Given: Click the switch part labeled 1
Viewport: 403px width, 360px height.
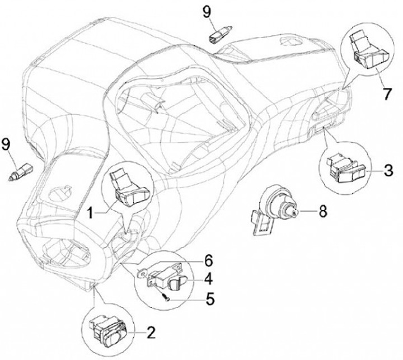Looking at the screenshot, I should click(130, 188).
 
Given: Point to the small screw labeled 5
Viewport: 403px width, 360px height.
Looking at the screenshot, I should click(163, 296).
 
